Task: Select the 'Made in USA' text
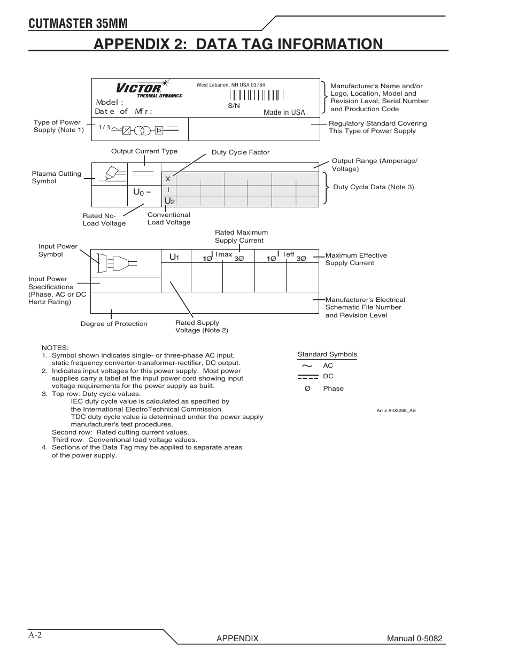[x=284, y=112]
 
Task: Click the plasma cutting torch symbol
[x=112, y=174]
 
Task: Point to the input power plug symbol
[x=115, y=262]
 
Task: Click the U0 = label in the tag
[x=142, y=192]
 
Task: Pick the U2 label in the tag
[x=169, y=201]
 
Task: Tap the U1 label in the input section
[x=174, y=258]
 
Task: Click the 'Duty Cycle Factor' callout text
[x=241, y=152]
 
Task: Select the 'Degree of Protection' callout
[x=114, y=324]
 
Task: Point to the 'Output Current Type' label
[x=144, y=151]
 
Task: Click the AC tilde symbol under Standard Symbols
[x=306, y=366]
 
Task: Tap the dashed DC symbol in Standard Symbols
[x=307, y=377]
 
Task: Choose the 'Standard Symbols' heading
[x=327, y=354]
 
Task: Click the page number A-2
[x=36, y=635]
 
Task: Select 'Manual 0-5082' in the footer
[x=415, y=639]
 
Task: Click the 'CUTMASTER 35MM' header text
[x=78, y=23]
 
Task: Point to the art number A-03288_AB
[x=396, y=410]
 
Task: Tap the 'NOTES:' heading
[x=55, y=347]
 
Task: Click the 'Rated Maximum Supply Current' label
[x=241, y=236]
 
